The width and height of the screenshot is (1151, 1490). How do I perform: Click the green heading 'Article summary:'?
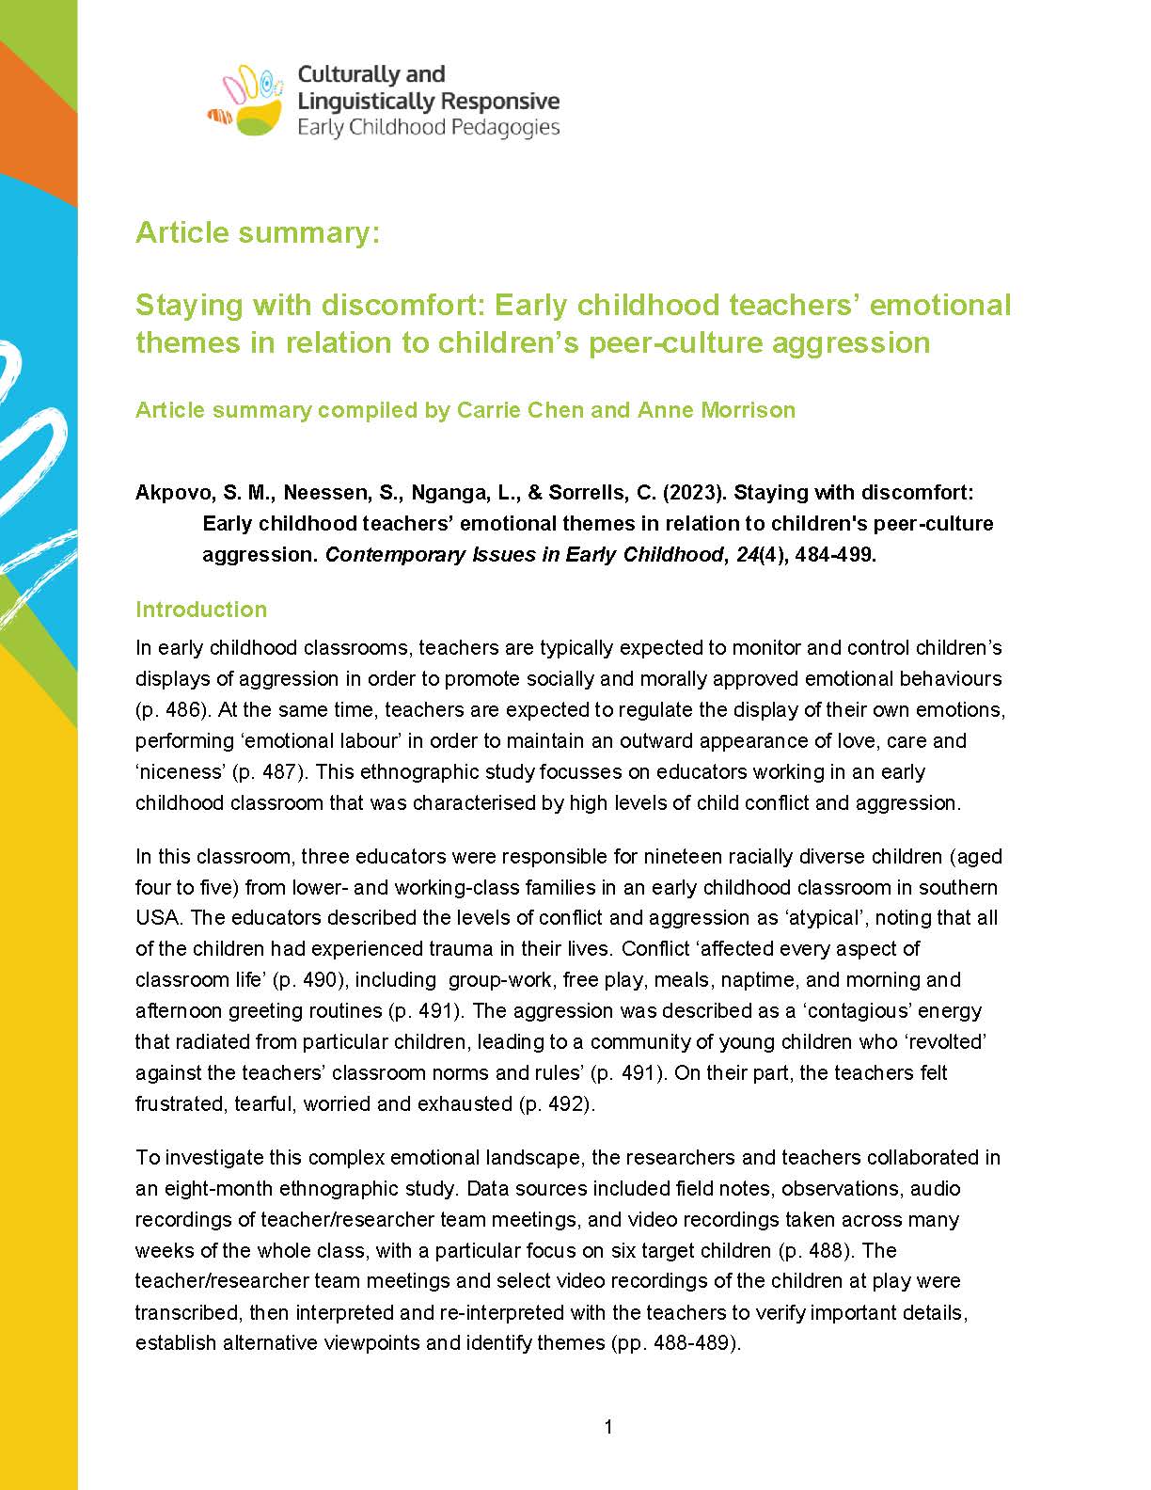[258, 232]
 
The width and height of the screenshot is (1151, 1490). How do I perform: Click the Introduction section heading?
[201, 610]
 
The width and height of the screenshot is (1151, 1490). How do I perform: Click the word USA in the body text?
[159, 917]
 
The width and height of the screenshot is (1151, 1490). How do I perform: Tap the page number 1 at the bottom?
[608, 1428]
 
